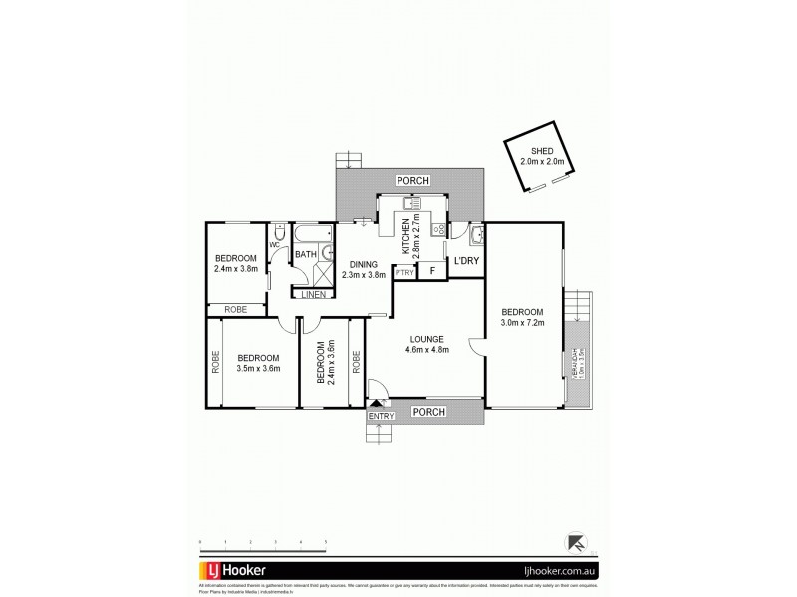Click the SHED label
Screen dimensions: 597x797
pyautogui.click(x=542, y=152)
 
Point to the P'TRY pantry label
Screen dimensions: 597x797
pyautogui.click(x=404, y=272)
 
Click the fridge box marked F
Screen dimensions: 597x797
pyautogui.click(x=431, y=271)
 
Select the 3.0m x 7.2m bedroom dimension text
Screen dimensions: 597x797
pyautogui.click(x=522, y=320)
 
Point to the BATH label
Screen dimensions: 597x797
pyautogui.click(x=304, y=255)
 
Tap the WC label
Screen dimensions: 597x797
pyautogui.click(x=274, y=245)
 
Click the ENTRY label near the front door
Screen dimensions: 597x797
pyautogui.click(x=379, y=415)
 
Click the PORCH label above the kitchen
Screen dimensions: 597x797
pyautogui.click(x=412, y=180)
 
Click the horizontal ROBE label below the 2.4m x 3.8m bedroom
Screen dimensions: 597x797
pyautogui.click(x=236, y=309)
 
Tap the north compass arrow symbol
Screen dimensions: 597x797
pyautogui.click(x=576, y=542)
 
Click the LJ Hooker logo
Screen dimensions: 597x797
pyautogui.click(x=235, y=572)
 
